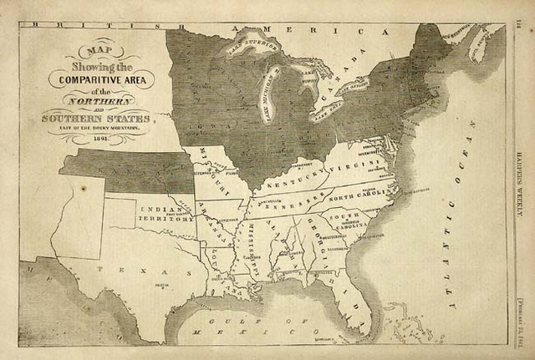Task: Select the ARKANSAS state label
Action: tap(208, 221)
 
